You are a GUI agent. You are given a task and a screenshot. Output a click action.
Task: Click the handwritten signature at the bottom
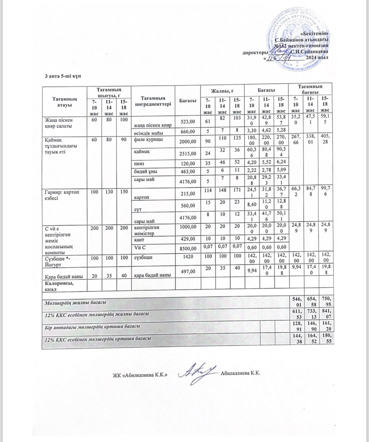point(197,373)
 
